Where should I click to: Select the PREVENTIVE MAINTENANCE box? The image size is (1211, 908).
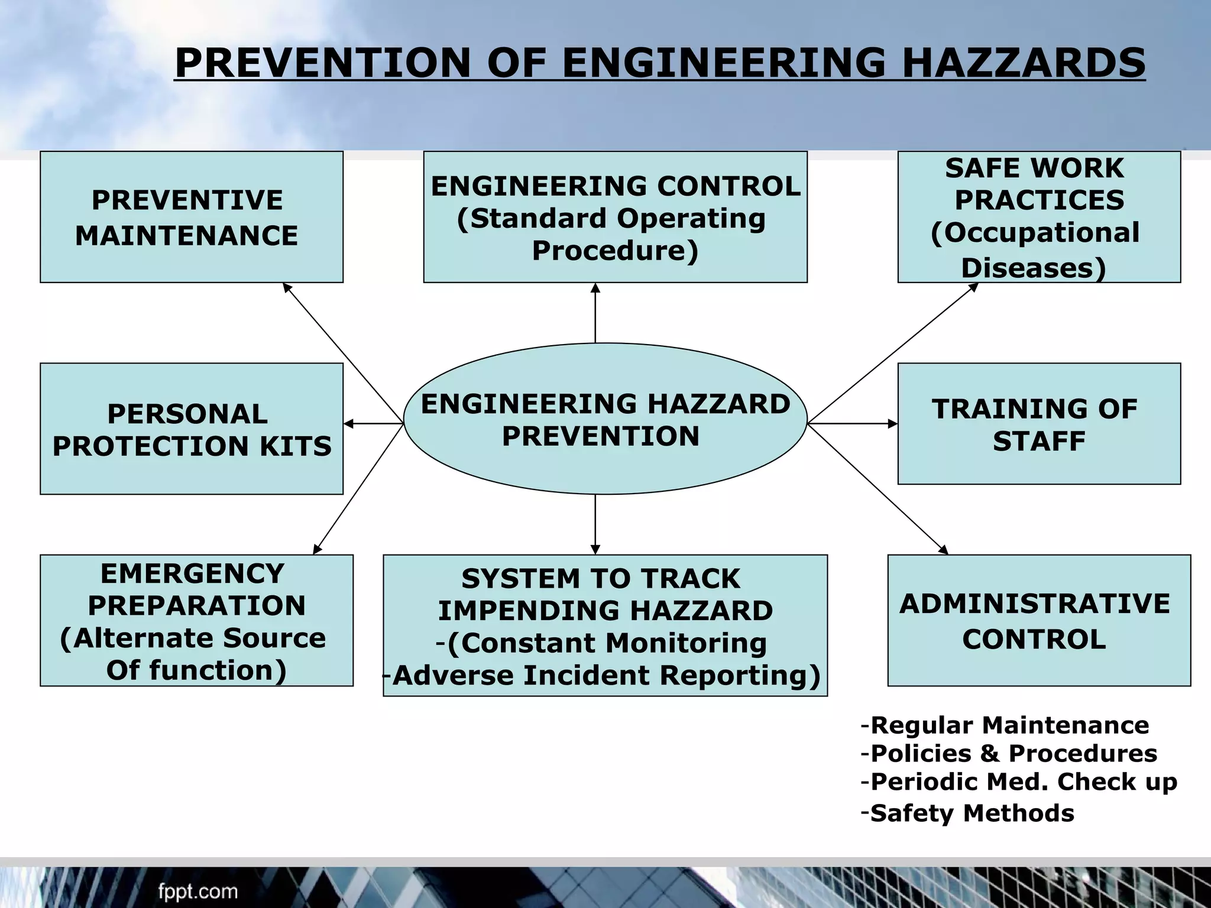pyautogui.click(x=191, y=217)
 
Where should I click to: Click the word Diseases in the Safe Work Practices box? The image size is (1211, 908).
pyautogui.click(x=1033, y=268)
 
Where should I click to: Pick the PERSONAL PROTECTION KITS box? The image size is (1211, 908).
pyautogui.click(x=191, y=429)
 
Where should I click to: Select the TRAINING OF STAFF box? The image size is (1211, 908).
pyautogui.click(x=1038, y=424)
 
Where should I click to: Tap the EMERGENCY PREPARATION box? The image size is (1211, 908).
pyautogui.click(x=196, y=621)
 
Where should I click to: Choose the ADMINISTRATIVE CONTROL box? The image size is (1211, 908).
pyautogui.click(x=1038, y=621)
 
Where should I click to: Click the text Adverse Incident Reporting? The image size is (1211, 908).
pyautogui.click(x=606, y=676)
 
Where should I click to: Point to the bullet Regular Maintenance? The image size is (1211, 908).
pyautogui.click(x=1009, y=725)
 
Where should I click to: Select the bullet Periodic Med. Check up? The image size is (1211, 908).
pyautogui.click(x=1023, y=782)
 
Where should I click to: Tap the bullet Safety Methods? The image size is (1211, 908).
pyautogui.click(x=972, y=813)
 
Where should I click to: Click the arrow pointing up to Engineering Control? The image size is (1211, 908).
pyautogui.click(x=595, y=313)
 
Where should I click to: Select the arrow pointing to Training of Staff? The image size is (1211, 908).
pyautogui.click(x=853, y=423)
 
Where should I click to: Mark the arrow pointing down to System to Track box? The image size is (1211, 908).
pyautogui.click(x=595, y=524)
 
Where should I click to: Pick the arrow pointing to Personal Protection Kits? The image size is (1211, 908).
pyautogui.click(x=373, y=423)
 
